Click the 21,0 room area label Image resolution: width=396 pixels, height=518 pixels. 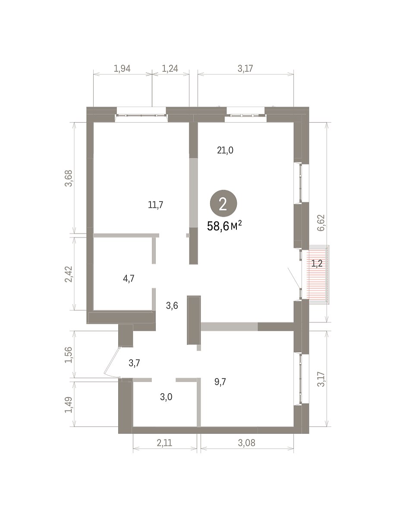tap(225, 150)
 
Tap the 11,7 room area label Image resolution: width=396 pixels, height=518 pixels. tap(155, 205)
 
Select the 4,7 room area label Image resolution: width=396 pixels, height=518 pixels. tap(129, 279)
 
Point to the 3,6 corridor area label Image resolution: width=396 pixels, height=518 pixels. tap(172, 306)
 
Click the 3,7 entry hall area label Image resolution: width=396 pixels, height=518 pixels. tap(134, 363)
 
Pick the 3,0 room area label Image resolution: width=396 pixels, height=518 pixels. tap(166, 397)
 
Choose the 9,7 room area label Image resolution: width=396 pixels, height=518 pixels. tap(220, 382)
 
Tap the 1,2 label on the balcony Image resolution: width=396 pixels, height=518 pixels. tap(317, 263)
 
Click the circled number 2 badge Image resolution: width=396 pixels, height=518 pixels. tap(223, 203)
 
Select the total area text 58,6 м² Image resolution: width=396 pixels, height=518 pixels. tap(224, 226)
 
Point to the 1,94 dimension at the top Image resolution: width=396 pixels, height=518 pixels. tap(122, 69)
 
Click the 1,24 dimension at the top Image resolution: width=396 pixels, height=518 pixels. tap(170, 69)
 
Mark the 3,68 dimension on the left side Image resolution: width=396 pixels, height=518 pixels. tap(69, 178)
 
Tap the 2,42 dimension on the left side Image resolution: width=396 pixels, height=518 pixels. tap(69, 274)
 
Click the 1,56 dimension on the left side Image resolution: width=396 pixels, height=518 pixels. tap(69, 355)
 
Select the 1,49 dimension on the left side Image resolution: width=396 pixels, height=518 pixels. tap(69, 405)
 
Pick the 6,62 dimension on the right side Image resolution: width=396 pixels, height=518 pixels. tap(321, 223)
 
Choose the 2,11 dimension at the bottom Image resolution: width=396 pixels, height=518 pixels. tap(164, 443)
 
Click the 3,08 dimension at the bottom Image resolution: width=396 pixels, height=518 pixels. tap(246, 443)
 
